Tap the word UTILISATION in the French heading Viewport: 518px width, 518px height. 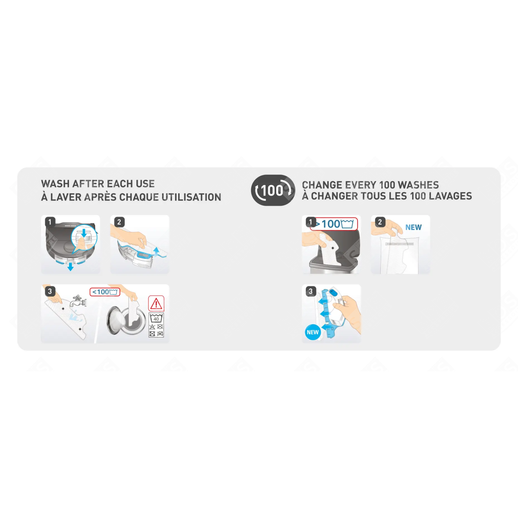coord(191,197)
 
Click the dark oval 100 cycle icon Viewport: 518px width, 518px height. coord(273,190)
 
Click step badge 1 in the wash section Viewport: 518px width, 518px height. coord(50,222)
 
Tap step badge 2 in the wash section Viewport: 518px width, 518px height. coord(119,222)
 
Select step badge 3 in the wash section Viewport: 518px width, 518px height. coord(50,291)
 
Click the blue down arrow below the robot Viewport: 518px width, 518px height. coord(70,267)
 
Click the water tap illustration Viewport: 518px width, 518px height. coord(78,301)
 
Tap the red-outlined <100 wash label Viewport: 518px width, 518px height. coord(105,292)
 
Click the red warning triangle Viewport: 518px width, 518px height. coord(156,304)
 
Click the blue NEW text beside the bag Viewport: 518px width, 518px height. coord(414,227)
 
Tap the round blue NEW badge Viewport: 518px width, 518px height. coord(313,332)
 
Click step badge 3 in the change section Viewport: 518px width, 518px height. coord(311,291)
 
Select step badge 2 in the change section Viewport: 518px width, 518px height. coord(380,222)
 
